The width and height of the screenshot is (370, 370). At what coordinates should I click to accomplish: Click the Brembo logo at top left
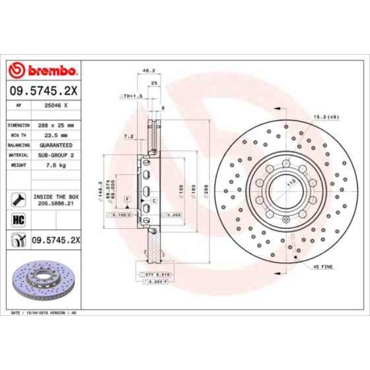[43, 71]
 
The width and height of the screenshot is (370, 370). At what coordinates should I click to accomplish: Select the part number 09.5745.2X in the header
[43, 90]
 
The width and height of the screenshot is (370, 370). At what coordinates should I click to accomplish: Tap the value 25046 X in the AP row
[56, 106]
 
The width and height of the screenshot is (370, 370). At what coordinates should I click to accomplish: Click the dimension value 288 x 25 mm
[56, 125]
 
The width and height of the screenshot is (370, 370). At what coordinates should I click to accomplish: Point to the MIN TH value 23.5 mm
[56, 135]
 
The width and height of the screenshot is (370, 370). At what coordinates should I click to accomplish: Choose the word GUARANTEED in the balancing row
[56, 145]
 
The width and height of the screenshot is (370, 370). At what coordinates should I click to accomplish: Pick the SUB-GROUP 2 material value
[56, 155]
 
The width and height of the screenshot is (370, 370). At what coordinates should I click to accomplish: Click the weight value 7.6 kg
[56, 165]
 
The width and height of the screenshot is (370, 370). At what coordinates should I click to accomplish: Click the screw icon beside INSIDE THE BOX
[17, 199]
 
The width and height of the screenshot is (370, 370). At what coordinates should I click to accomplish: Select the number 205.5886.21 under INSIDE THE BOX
[56, 202]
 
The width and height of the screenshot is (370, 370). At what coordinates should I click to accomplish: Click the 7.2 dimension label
[129, 137]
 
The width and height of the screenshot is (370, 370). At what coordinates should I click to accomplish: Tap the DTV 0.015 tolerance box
[155, 274]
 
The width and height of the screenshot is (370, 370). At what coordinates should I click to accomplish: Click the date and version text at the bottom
[44, 313]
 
